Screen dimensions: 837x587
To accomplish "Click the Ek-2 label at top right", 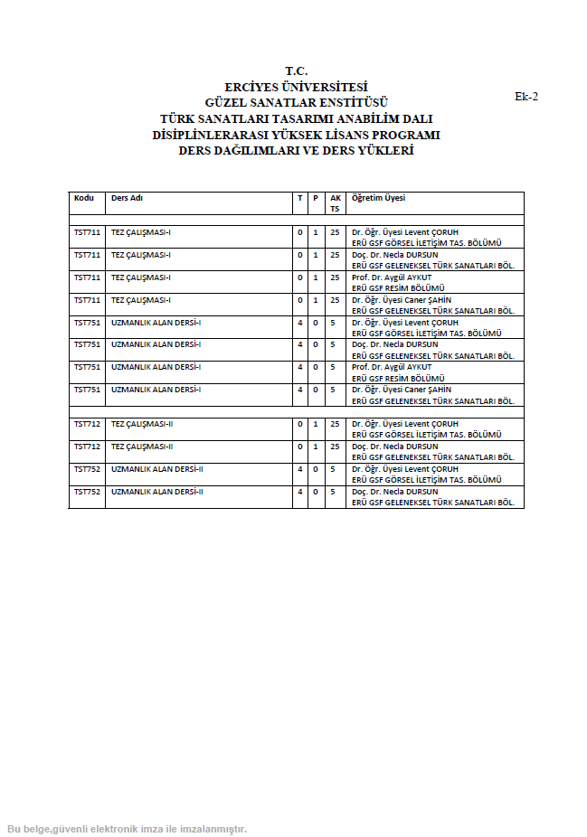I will pyautogui.click(x=526, y=97).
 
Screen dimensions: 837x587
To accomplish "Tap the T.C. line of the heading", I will pyautogui.click(x=296, y=71).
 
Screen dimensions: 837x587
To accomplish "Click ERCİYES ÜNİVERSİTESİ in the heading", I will pyautogui.click(x=296, y=88).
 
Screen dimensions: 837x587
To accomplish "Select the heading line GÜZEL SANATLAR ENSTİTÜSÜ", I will pyautogui.click(x=296, y=103).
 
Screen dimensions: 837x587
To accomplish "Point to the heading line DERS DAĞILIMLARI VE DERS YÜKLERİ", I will pyautogui.click(x=296, y=151).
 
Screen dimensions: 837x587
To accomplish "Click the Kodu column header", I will pyautogui.click(x=84, y=198).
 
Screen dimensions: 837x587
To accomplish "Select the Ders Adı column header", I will pyautogui.click(x=127, y=198).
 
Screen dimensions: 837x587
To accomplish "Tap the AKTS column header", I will pyautogui.click(x=335, y=202).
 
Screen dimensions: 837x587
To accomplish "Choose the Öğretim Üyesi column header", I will pyautogui.click(x=378, y=198).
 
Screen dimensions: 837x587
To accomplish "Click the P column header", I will pyautogui.click(x=316, y=198).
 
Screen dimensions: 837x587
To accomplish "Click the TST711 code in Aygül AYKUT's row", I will pyautogui.click(x=87, y=277).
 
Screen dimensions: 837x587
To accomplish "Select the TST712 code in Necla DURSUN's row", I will pyautogui.click(x=87, y=447).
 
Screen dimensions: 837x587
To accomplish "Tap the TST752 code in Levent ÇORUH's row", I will pyautogui.click(x=87, y=469).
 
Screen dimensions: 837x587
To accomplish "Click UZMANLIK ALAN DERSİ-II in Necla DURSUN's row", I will pyautogui.click(x=156, y=492).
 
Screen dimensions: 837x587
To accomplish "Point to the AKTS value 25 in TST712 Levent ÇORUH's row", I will pyautogui.click(x=335, y=424).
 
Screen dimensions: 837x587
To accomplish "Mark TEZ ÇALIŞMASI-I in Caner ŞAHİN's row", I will pyautogui.click(x=141, y=300).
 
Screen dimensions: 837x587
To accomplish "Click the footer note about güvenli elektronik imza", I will pyautogui.click(x=127, y=829).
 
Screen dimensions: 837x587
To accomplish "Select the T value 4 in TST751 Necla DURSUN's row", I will pyautogui.click(x=299, y=344).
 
